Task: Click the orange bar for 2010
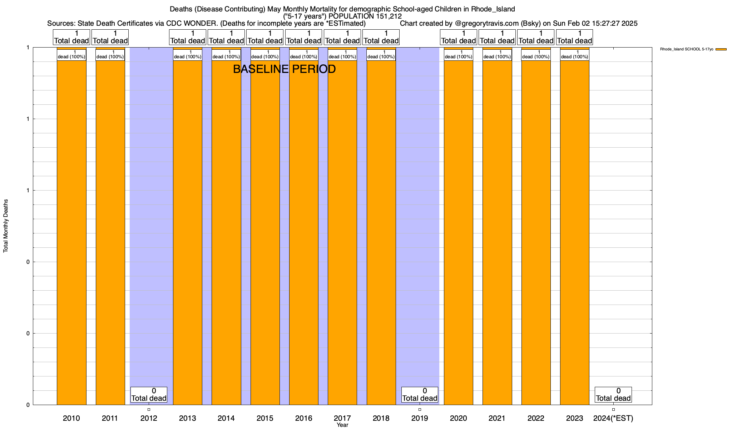point(71,232)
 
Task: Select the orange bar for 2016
point(304,232)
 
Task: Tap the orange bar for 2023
point(574,232)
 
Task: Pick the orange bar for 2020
point(458,232)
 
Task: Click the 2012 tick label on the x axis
point(149,418)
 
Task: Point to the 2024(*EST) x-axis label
point(613,418)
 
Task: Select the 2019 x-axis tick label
point(420,418)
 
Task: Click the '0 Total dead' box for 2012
point(149,395)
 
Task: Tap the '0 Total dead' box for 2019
point(420,395)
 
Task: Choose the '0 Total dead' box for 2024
point(613,395)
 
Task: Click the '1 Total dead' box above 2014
point(226,37)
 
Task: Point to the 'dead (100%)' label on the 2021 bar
point(497,55)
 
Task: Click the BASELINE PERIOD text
point(284,69)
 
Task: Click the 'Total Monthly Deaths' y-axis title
point(6,226)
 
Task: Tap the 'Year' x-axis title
point(342,425)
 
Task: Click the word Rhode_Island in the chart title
point(493,9)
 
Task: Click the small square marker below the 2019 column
point(420,409)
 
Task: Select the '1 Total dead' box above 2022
point(536,37)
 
